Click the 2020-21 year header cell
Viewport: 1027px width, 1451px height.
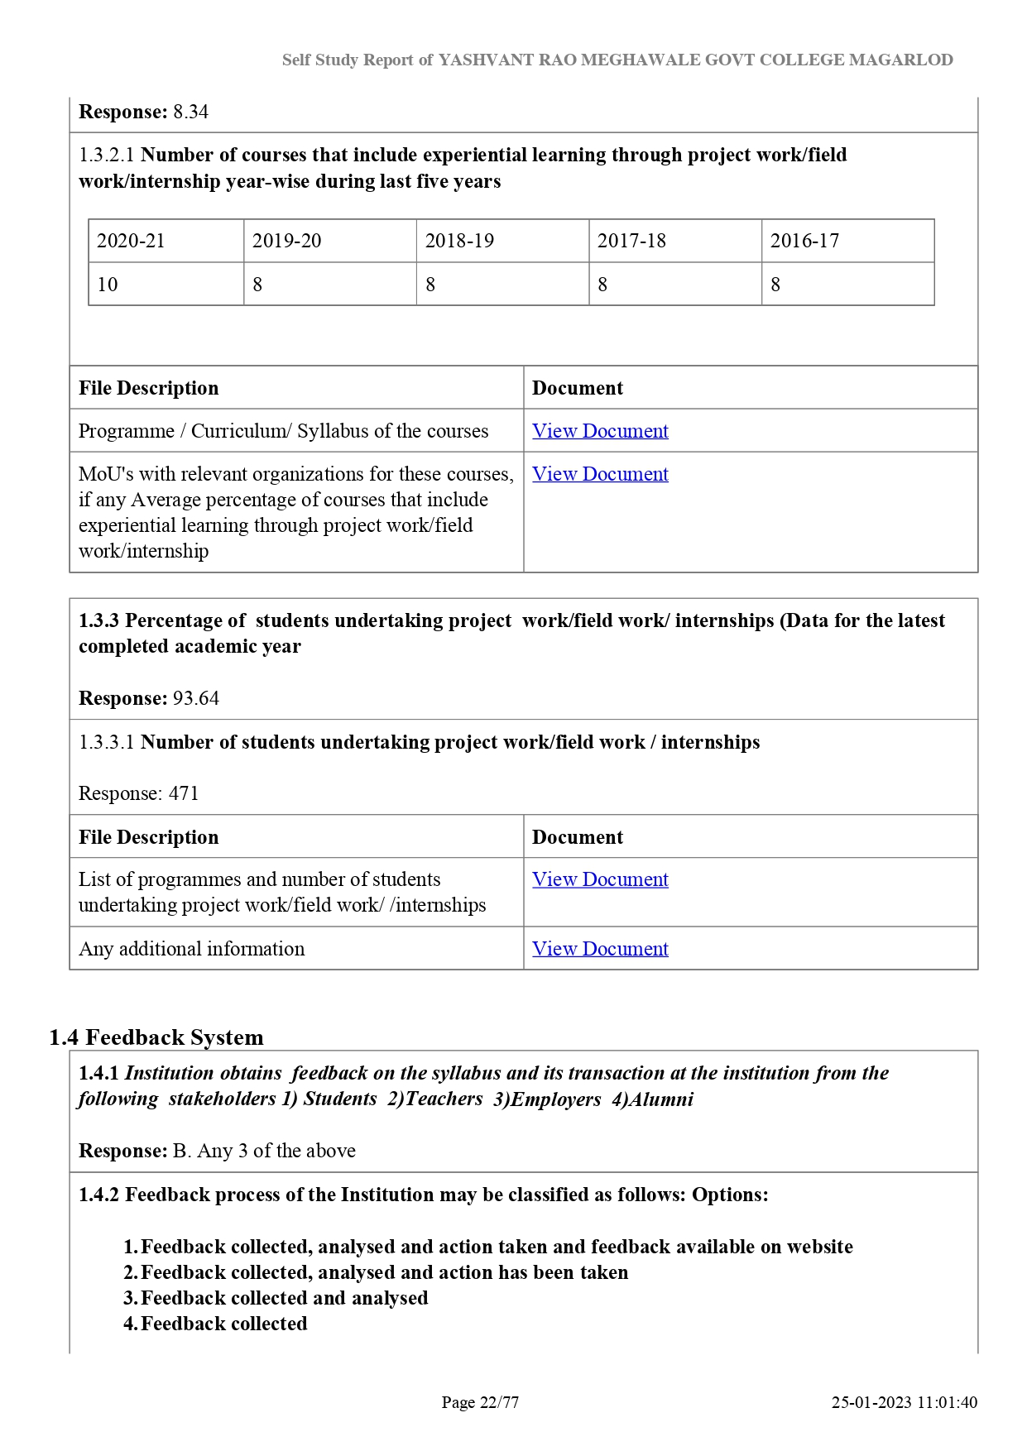click(131, 241)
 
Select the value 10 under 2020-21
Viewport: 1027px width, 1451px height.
click(108, 285)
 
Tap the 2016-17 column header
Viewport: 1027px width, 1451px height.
click(804, 241)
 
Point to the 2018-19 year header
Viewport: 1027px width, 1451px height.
click(459, 241)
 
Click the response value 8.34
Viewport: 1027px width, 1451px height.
click(190, 112)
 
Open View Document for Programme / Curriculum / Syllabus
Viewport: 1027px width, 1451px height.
click(600, 431)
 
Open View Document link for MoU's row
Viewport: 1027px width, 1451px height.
click(600, 474)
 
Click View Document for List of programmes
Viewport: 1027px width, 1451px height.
click(600, 879)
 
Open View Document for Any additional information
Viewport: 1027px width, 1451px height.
click(600, 949)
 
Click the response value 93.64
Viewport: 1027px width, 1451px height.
click(196, 698)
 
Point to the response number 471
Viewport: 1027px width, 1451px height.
click(184, 793)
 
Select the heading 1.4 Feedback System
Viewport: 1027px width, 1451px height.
click(156, 1037)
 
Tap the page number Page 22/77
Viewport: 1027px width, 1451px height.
click(480, 1402)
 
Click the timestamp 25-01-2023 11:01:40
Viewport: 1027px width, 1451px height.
click(905, 1402)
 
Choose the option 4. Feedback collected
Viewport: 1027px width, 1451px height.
click(216, 1324)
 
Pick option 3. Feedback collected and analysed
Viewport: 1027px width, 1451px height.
click(276, 1298)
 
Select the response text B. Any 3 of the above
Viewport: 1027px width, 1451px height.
click(264, 1151)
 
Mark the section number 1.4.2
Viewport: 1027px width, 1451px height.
click(98, 1195)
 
